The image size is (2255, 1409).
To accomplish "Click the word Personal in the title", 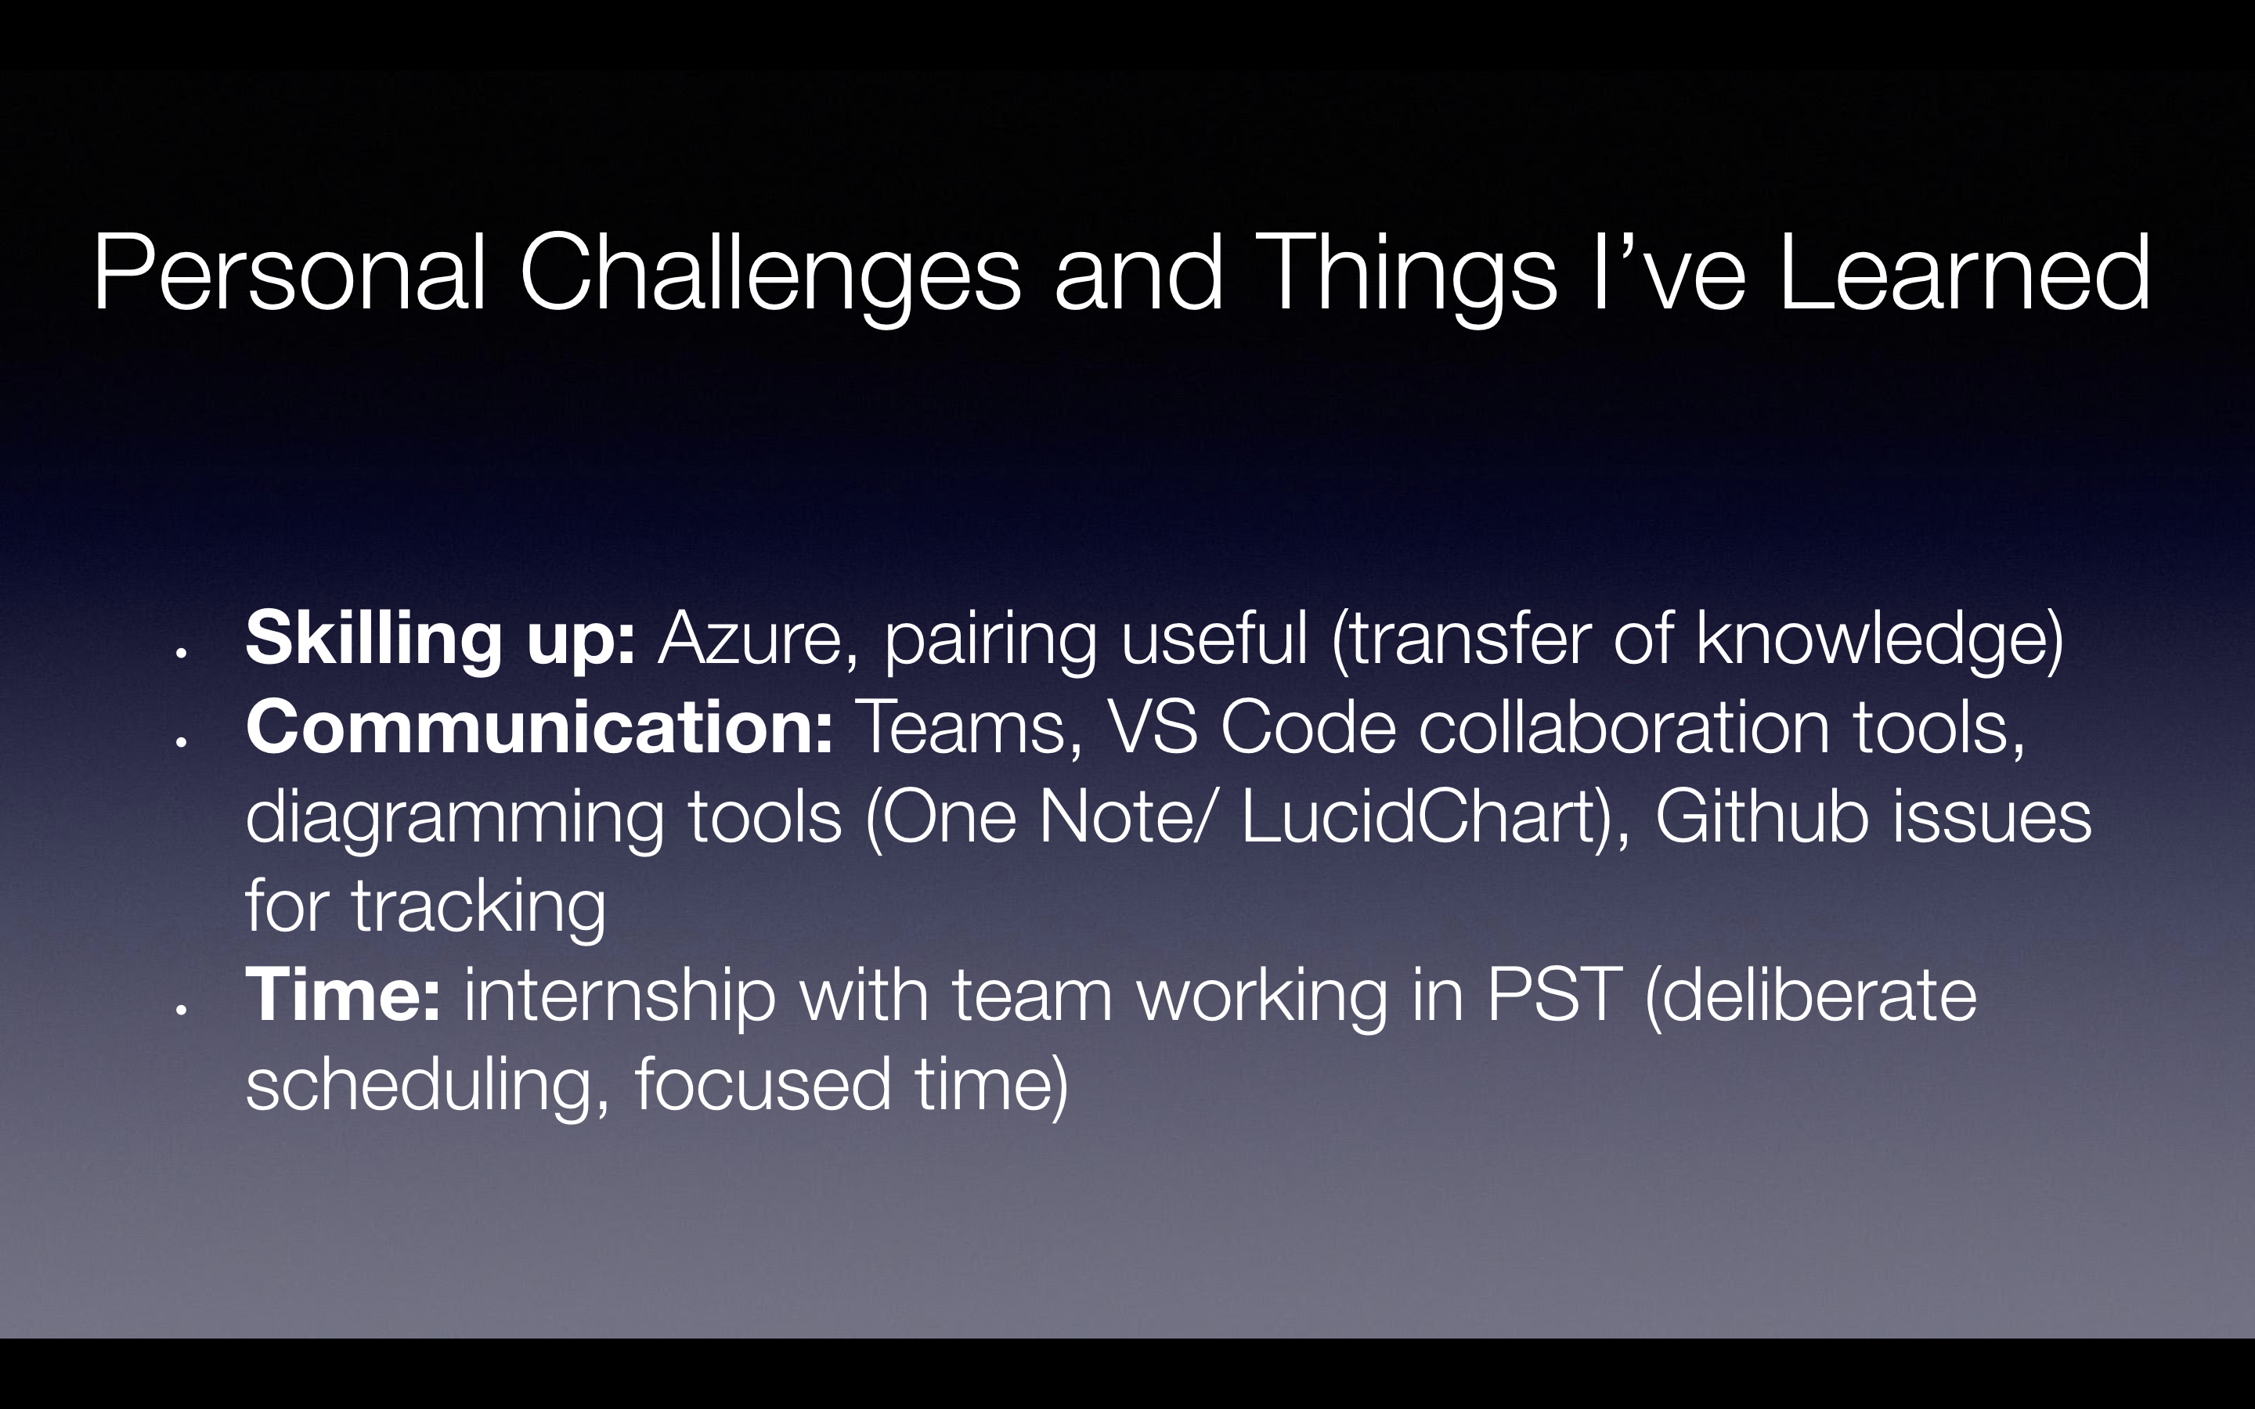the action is coord(290,272).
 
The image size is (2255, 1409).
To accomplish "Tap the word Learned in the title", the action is coord(1965,272).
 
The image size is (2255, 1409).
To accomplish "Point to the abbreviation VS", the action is coord(1152,727).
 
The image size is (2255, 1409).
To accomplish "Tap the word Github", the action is coord(1762,816).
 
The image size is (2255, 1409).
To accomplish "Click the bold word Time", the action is coord(343,995).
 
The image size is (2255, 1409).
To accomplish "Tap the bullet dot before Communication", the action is coord(182,743).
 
